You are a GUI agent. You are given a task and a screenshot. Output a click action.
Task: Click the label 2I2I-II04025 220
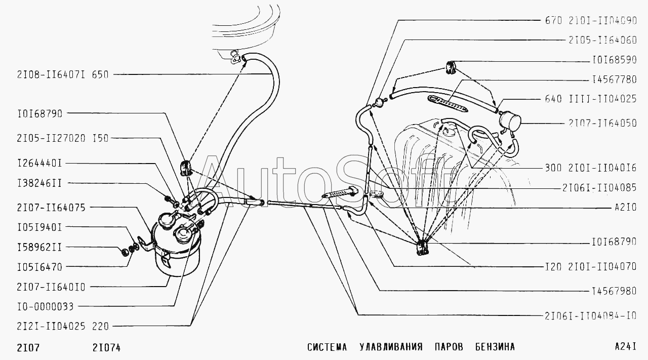[x=55, y=327]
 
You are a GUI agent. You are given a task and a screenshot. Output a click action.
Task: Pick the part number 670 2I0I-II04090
[x=591, y=21]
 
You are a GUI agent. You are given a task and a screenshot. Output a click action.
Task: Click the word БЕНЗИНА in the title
[x=495, y=347]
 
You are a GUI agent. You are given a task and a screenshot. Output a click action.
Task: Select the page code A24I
[x=625, y=347]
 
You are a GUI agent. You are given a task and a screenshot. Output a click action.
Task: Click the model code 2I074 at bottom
[x=106, y=347]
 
